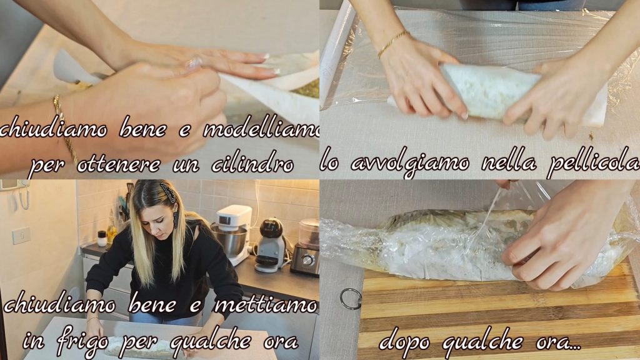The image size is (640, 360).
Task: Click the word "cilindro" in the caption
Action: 252,164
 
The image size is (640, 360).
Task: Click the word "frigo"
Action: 83,341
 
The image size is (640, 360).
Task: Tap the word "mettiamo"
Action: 266,305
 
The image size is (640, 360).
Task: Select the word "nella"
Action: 508,163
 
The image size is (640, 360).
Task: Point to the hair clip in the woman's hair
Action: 168,191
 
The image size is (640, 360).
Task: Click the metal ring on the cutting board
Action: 351,298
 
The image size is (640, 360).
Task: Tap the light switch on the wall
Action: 21,236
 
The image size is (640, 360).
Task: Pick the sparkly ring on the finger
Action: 194,63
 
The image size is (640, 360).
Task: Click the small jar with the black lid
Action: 102,239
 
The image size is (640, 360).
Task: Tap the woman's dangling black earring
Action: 176,219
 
